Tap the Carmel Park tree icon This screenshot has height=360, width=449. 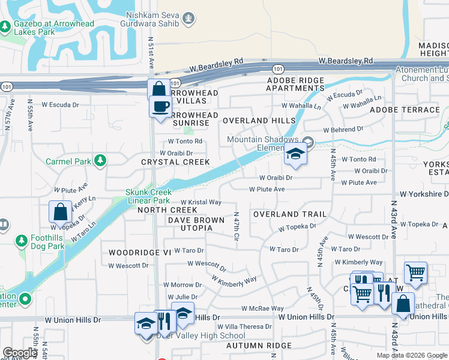(x=101, y=161)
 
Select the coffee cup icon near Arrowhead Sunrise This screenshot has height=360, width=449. (x=160, y=107)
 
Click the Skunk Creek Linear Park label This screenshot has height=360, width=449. (x=148, y=196)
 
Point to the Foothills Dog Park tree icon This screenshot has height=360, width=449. (x=22, y=241)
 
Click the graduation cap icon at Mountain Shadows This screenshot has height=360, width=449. (x=295, y=155)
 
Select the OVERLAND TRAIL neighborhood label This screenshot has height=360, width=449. (x=289, y=214)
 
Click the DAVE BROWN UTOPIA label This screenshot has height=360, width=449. (x=196, y=221)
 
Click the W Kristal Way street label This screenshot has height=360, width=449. (x=201, y=203)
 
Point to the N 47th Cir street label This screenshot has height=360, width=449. (x=237, y=226)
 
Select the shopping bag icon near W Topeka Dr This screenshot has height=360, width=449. (x=61, y=212)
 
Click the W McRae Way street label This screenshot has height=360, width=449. (x=262, y=308)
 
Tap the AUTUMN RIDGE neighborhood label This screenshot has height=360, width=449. (x=259, y=346)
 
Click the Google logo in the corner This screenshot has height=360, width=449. (x=20, y=353)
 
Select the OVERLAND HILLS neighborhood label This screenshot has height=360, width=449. (x=259, y=121)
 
